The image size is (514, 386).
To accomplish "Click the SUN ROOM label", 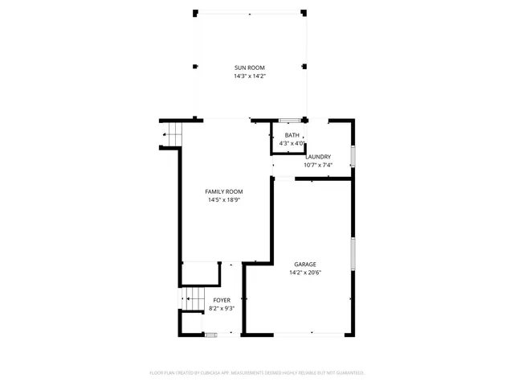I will point(249,68).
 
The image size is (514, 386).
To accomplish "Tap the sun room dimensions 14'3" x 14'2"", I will point(249,76).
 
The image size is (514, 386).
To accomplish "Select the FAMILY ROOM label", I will point(224,191).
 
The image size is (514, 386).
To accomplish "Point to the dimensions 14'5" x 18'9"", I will point(224,200).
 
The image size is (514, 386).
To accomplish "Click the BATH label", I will point(292,135).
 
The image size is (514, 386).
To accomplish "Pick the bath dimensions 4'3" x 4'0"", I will point(292,143).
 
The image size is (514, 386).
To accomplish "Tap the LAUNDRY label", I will point(318,157).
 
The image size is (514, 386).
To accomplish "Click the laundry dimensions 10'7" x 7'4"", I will point(318,166).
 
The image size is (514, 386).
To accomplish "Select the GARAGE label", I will point(304,264).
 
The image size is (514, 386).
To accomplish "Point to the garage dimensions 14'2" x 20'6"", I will point(304,273).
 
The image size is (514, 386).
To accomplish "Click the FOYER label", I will point(222,300).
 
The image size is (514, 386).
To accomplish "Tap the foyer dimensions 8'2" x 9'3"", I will point(222,308).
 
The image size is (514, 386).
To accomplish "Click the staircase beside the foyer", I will point(192,299).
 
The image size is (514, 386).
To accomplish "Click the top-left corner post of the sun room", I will point(195,12).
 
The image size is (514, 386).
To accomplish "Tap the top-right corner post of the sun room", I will point(304,12).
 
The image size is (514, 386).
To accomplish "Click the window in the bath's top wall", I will point(295,121).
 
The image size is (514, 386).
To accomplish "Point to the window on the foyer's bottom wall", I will point(210,334).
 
